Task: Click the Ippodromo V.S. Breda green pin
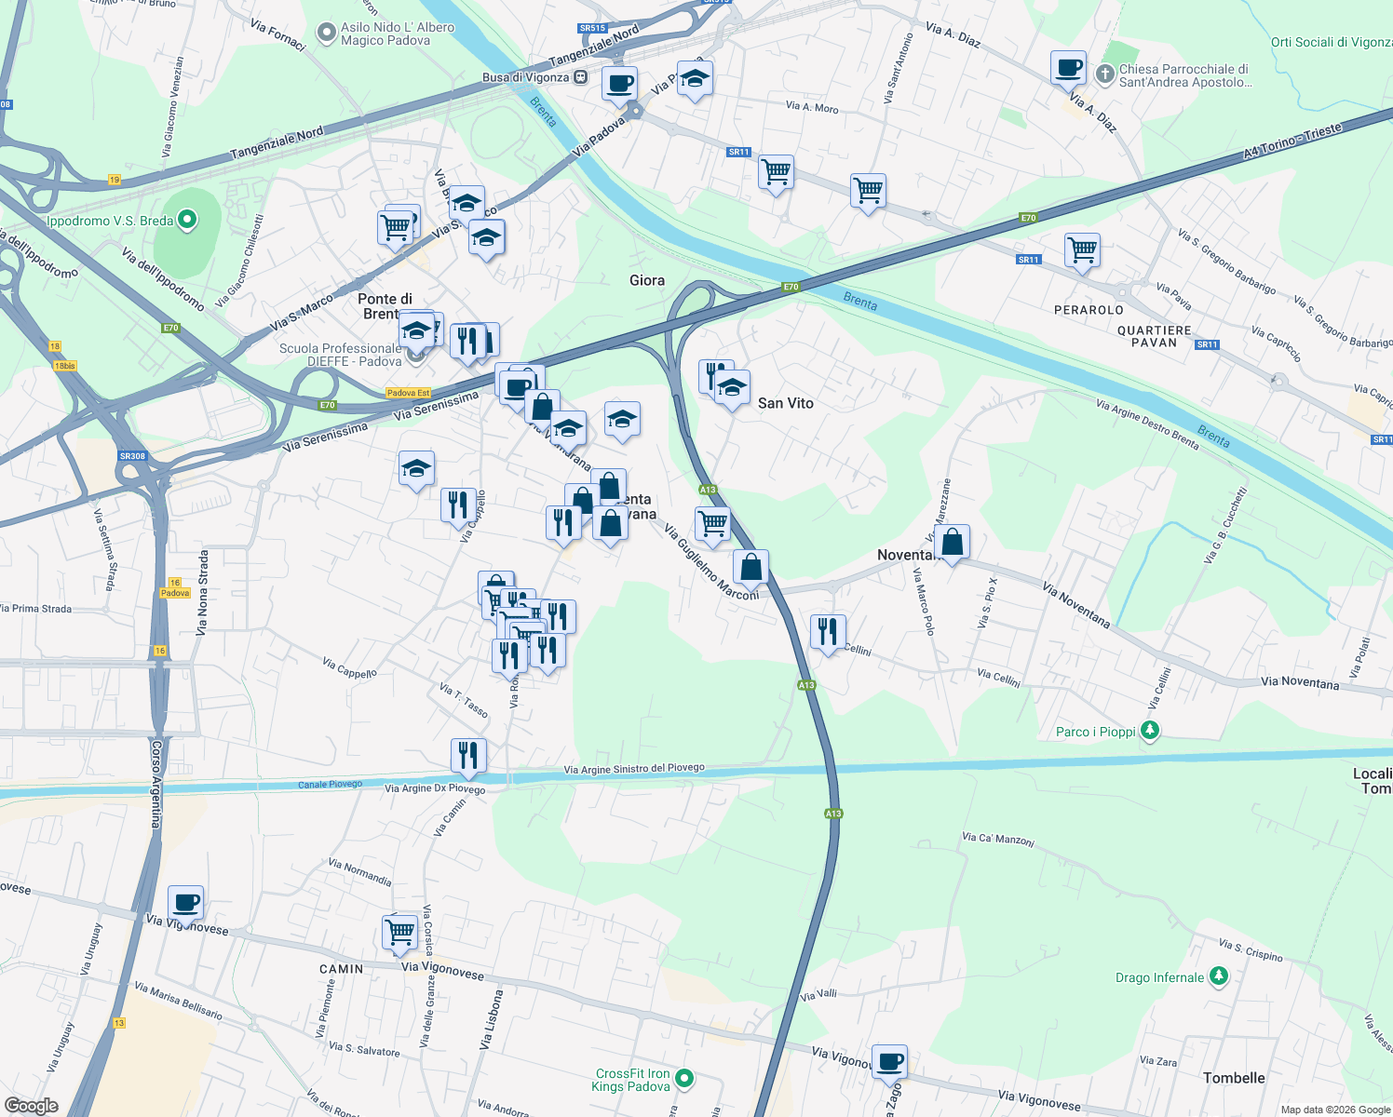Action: pos(187,221)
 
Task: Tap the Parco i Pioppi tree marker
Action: pos(1150,731)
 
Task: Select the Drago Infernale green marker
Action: pos(1219,976)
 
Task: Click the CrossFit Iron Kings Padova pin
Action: pos(684,1079)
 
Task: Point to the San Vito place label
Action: pos(785,403)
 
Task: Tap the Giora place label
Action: pos(646,280)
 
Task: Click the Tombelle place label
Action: pos(1234,1078)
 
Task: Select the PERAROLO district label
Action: pos(1089,310)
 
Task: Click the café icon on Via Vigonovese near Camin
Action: pos(186,903)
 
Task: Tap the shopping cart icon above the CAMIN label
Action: pos(399,932)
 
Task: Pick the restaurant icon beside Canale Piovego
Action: pos(468,755)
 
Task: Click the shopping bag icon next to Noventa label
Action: pos(952,542)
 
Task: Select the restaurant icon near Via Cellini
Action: pos(828,631)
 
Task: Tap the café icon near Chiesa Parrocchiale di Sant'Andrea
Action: pos(1068,68)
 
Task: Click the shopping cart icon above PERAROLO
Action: pos(1082,249)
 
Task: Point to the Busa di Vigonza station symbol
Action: pos(580,77)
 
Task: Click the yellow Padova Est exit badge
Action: pos(409,393)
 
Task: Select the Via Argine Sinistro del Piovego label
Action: pos(634,769)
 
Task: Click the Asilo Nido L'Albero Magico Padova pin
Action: pos(326,34)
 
